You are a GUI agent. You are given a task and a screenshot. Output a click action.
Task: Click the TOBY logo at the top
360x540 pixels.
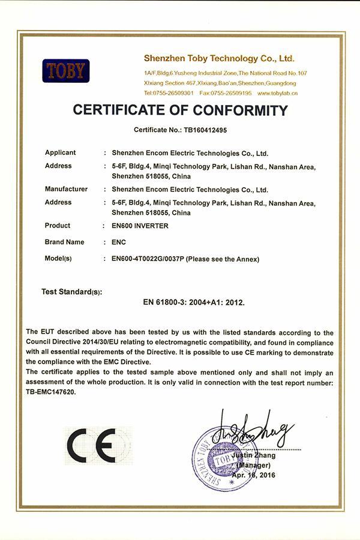(x=65, y=71)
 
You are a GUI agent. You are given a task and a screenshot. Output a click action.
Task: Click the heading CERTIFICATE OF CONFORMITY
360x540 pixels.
(x=180, y=110)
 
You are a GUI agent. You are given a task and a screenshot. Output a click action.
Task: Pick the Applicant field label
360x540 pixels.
(x=60, y=153)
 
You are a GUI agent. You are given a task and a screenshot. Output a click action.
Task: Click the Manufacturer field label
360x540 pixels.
(x=66, y=190)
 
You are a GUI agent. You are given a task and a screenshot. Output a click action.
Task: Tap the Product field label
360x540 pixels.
(x=57, y=226)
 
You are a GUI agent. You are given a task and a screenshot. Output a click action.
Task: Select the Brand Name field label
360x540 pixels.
(x=64, y=242)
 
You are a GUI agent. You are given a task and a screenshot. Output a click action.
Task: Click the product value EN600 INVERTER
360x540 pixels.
(x=140, y=226)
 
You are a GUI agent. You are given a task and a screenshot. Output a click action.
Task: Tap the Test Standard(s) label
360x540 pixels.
(x=71, y=292)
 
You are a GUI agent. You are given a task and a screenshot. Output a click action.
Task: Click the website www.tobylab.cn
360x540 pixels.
(x=278, y=94)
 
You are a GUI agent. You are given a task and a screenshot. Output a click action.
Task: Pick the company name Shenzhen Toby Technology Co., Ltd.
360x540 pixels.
(x=219, y=59)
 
